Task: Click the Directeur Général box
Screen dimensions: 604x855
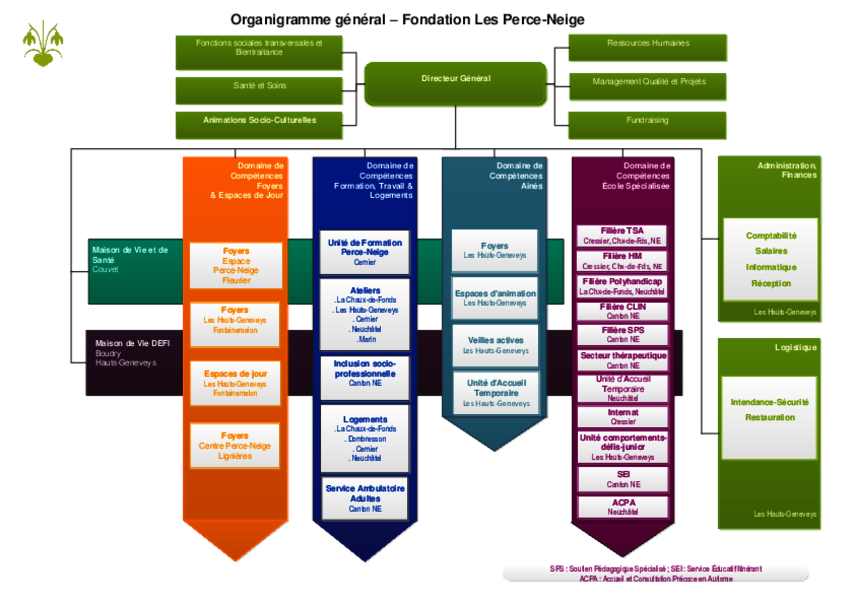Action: click(x=456, y=84)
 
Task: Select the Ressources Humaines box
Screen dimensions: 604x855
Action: click(x=648, y=47)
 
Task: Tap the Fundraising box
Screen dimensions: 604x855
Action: click(x=647, y=125)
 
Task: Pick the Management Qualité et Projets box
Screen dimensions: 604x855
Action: click(x=648, y=86)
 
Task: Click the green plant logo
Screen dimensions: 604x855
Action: click(x=43, y=44)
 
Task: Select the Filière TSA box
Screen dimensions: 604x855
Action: click(x=622, y=236)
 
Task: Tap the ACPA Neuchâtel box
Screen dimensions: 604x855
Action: click(x=623, y=507)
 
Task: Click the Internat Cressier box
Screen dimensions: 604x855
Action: click(x=623, y=417)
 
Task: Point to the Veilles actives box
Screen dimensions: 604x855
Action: click(x=496, y=345)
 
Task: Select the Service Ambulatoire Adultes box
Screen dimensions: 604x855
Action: click(x=365, y=498)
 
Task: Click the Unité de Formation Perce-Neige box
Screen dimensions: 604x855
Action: click(x=365, y=252)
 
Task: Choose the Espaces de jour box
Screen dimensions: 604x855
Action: click(x=235, y=383)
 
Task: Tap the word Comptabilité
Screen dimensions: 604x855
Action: click(x=771, y=236)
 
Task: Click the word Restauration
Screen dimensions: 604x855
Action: click(x=770, y=418)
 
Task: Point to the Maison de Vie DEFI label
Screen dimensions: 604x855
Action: click(x=132, y=343)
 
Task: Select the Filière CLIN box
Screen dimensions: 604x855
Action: click(x=623, y=311)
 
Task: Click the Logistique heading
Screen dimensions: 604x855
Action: click(x=795, y=347)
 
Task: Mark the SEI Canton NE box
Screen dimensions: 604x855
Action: click(x=623, y=479)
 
